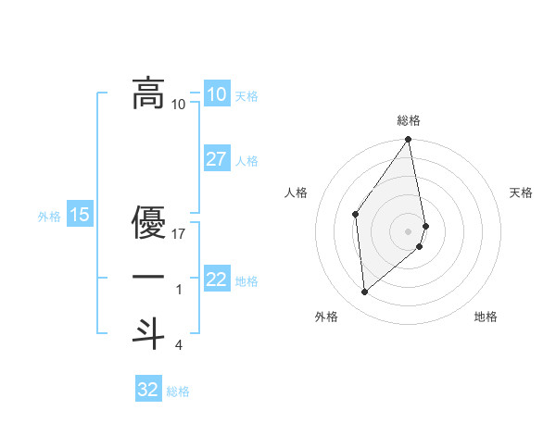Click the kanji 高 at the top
click(148, 93)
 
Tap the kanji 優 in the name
click(148, 222)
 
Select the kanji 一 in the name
click(148, 278)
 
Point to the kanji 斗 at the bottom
click(148, 332)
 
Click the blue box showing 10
click(216, 94)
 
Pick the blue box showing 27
click(216, 159)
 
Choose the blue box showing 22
click(216, 280)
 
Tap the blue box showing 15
click(80, 216)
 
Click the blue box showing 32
click(148, 390)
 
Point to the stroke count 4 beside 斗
click(178, 345)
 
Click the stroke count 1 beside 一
click(178, 290)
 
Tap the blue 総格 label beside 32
click(178, 391)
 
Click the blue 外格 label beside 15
click(49, 217)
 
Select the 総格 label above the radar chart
click(409, 120)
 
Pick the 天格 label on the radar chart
click(521, 193)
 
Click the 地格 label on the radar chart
click(486, 317)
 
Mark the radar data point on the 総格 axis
click(409, 141)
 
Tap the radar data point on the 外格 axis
click(365, 292)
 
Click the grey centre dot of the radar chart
click(409, 230)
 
